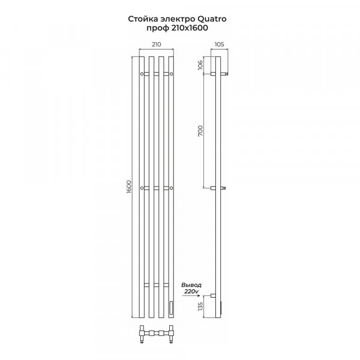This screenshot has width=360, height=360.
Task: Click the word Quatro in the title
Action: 211,19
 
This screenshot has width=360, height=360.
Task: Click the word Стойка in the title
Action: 139,19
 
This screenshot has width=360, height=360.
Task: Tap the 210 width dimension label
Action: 157,44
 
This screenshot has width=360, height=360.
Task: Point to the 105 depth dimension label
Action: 219,44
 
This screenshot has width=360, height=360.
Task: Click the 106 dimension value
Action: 200,65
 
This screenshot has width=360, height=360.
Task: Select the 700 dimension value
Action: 200,131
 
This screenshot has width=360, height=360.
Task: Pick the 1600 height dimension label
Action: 128,187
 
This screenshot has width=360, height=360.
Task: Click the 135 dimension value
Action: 200,307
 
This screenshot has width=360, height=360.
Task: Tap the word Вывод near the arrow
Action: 191,285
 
